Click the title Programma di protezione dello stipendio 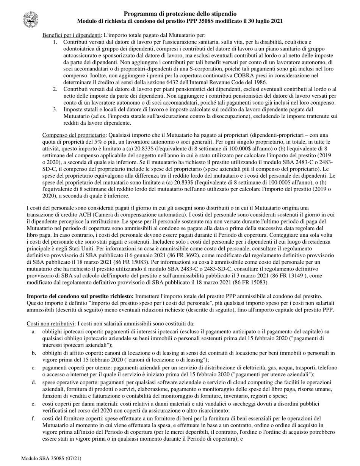[180, 14]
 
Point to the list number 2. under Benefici [55, 89]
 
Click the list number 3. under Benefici [55, 109]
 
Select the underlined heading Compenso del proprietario [74, 135]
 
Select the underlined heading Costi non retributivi [50, 323]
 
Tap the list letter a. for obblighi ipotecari [34, 332]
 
